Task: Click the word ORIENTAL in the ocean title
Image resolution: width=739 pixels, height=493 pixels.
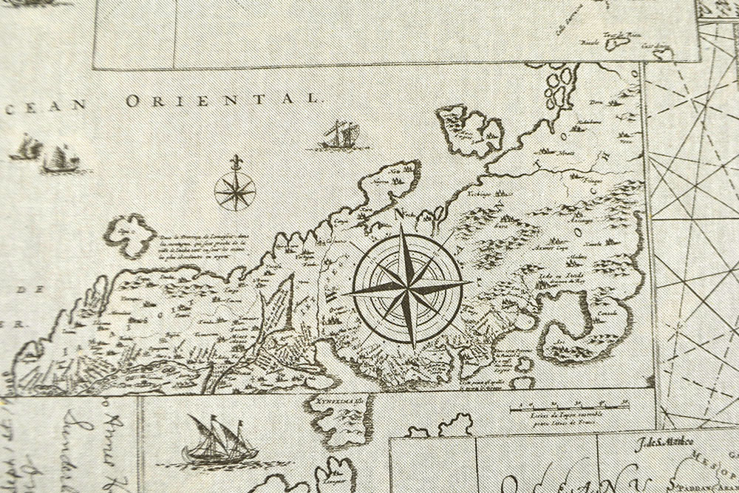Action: (x=222, y=100)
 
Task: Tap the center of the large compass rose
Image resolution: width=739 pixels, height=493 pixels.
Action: (x=408, y=285)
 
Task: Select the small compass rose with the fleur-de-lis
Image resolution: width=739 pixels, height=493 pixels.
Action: (x=235, y=189)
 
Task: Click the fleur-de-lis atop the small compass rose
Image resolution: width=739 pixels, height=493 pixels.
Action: (x=235, y=163)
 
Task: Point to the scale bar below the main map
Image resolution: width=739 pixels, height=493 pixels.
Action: (x=570, y=407)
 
